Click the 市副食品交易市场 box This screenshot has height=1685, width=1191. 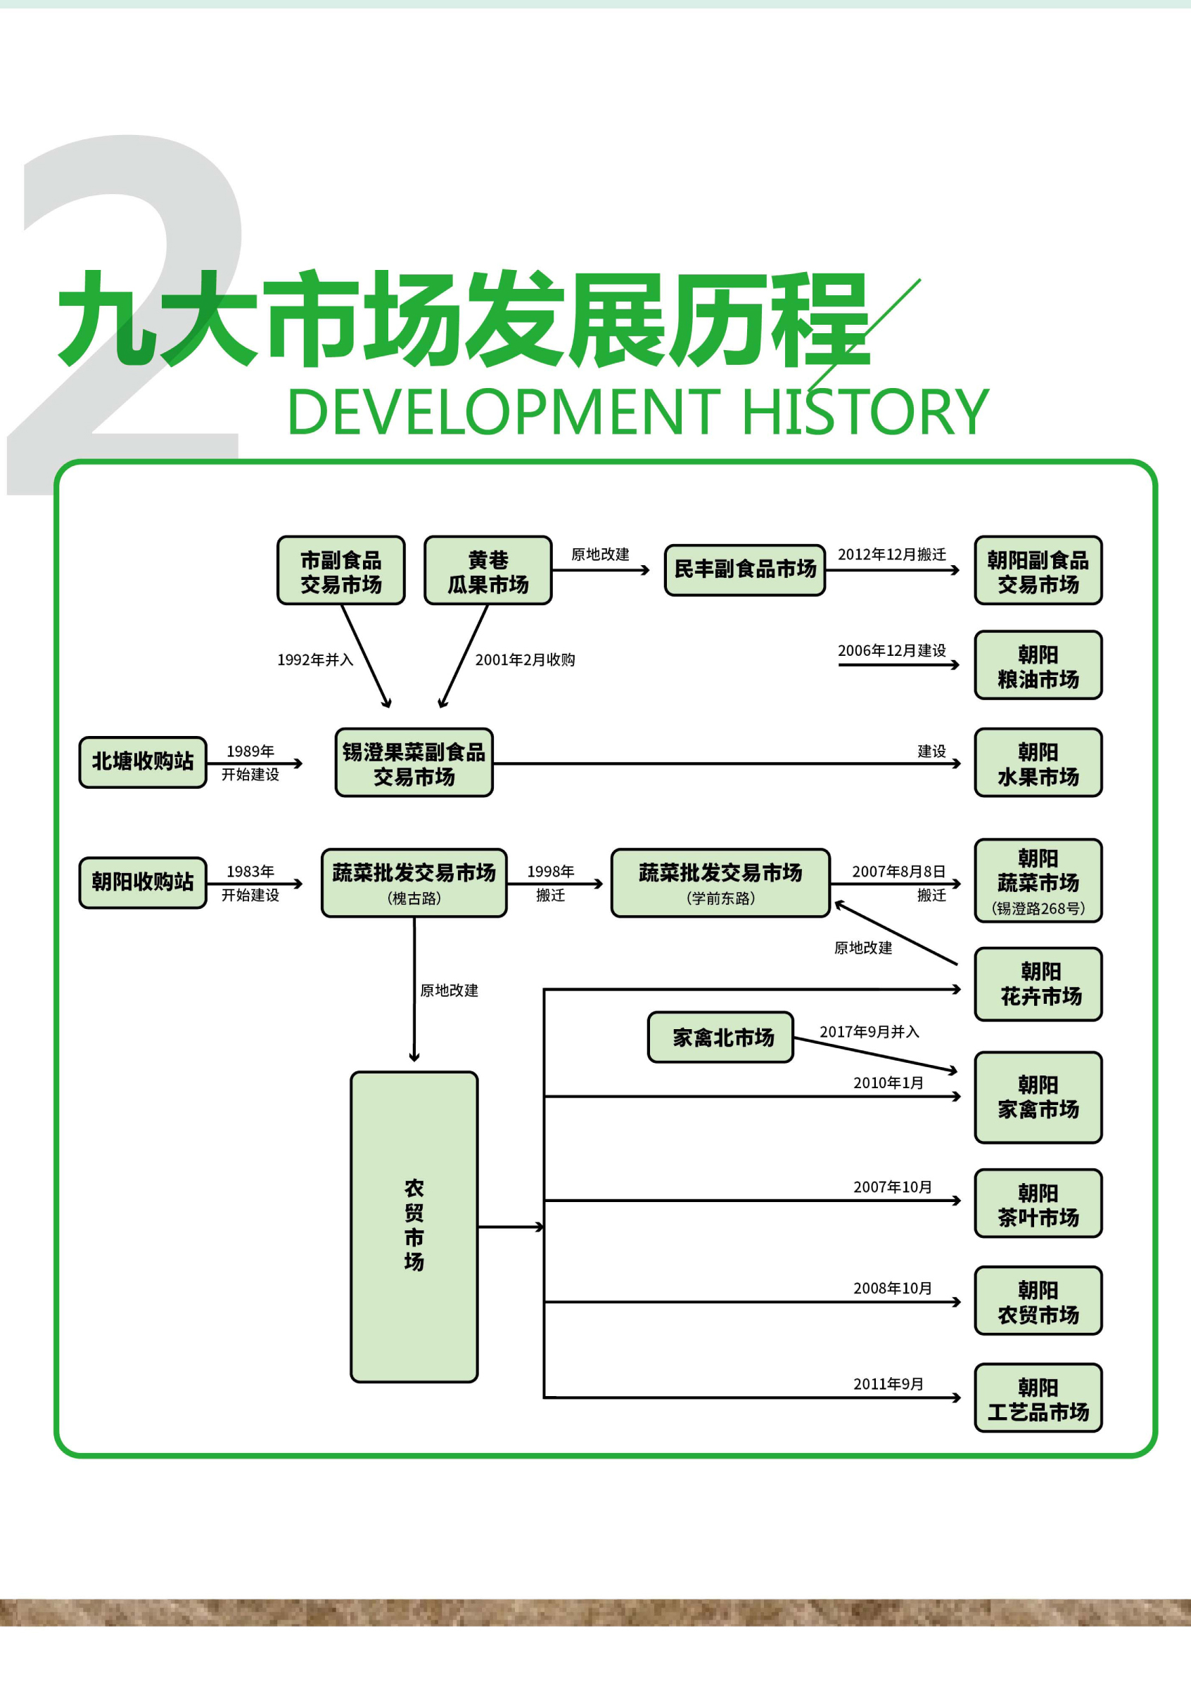coord(340,570)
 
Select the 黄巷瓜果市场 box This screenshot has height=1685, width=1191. coord(488,570)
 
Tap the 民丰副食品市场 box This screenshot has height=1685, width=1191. coord(744,569)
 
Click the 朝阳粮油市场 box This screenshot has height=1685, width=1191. coord(1038,665)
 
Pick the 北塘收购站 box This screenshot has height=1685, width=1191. coord(142,762)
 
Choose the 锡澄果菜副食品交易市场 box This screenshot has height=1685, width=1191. coord(414,763)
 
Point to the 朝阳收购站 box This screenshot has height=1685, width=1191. coord(142,882)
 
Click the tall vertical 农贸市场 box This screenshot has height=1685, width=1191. coord(414,1227)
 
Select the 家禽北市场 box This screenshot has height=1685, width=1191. coord(720,1037)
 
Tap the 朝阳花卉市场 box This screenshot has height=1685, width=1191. coord(1038,984)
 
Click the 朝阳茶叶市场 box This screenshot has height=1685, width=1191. coord(1038,1203)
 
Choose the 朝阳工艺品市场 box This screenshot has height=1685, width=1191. coord(1038,1398)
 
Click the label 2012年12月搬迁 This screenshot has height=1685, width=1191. coord(891,555)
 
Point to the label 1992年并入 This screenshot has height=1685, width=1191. coord(315,660)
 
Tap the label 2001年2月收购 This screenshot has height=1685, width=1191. coord(525,660)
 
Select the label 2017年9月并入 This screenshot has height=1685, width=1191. coord(870,1032)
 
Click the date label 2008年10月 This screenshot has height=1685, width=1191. coord(892,1288)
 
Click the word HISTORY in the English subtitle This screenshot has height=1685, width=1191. coord(865,413)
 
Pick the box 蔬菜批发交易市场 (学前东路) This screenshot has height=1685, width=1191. coord(720,883)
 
